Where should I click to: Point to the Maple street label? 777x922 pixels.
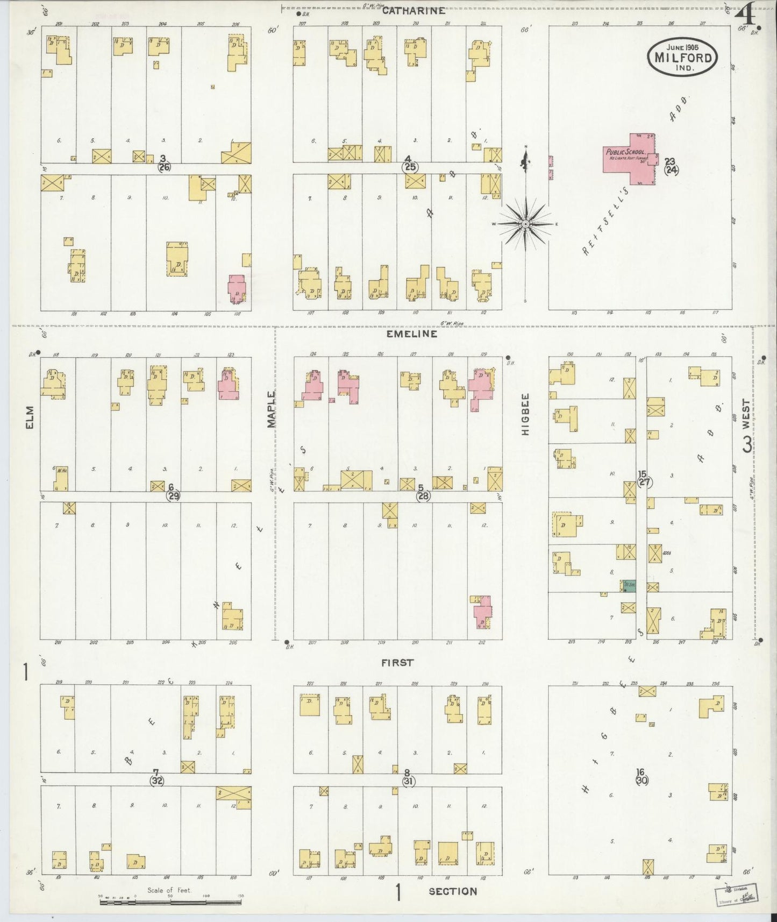click(x=272, y=409)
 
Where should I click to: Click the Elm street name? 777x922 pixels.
click(x=30, y=417)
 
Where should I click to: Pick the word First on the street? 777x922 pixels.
click(x=397, y=663)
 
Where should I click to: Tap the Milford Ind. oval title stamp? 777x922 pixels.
click(x=683, y=57)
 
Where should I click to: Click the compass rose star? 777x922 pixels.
click(x=525, y=223)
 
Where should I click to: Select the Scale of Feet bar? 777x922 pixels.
click(x=171, y=899)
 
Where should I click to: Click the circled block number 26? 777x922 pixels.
click(x=164, y=167)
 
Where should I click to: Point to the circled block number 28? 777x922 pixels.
click(x=423, y=496)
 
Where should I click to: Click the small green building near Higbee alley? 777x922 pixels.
click(x=629, y=586)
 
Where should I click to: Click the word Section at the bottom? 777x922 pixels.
click(x=453, y=891)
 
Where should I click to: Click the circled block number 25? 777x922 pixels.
click(x=410, y=167)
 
